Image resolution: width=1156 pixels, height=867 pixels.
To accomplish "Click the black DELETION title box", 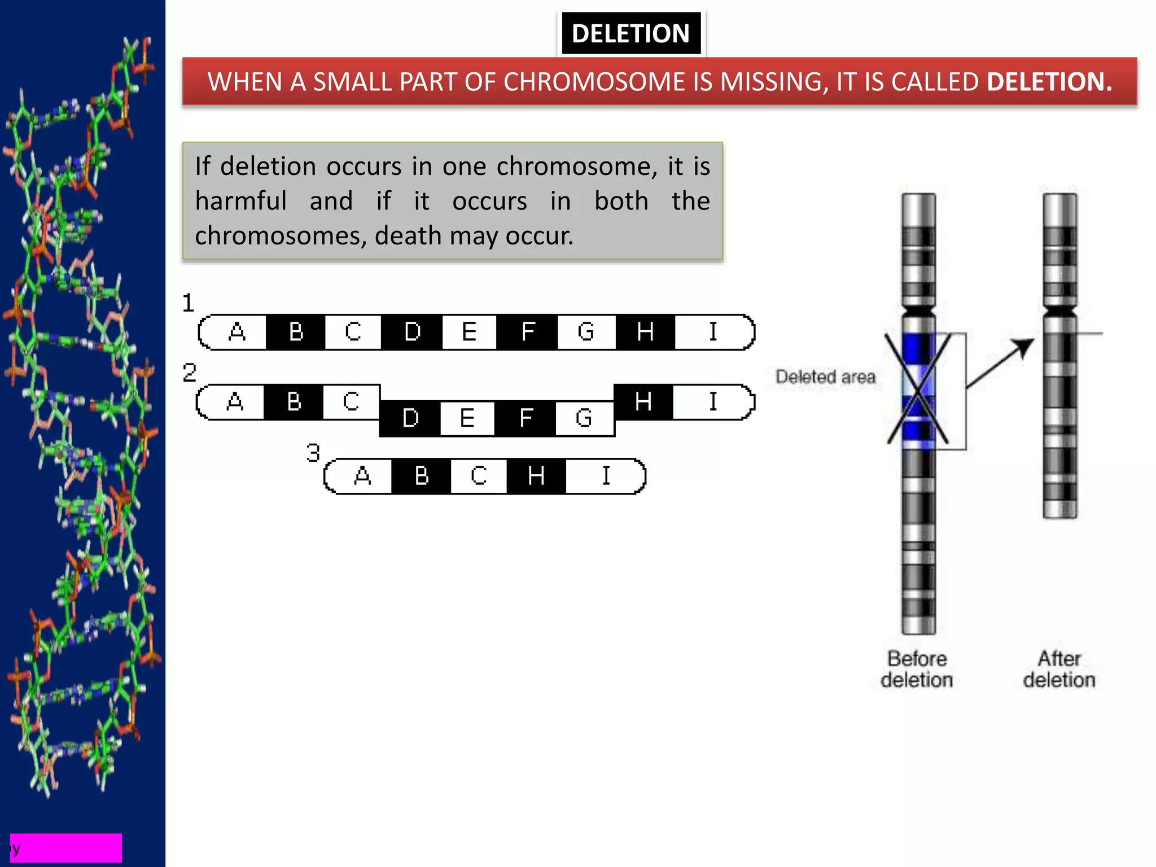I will pos(630,33).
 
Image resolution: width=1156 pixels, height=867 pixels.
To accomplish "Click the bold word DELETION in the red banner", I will pos(1049,82).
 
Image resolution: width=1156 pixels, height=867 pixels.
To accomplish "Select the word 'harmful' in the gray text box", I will pos(241,201).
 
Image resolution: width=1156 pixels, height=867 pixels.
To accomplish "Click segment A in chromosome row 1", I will pos(237,332).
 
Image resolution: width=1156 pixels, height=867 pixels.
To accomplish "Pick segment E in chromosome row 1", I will pos(469,332).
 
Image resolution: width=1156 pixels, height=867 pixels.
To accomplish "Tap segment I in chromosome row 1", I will pos(713,332).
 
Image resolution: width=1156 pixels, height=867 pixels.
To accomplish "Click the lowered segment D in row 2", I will pos(410,418).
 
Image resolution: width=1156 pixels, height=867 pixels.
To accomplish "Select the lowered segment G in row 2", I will pos(584,418).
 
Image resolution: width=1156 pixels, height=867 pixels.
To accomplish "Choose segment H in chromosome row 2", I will pos(643,402).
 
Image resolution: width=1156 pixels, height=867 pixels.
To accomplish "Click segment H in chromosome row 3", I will pos(536,476).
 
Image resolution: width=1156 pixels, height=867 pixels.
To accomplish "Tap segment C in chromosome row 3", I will pos(479,476).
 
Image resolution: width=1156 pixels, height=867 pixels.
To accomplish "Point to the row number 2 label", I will pos(190,373).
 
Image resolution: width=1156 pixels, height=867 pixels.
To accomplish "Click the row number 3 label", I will pos(313,453).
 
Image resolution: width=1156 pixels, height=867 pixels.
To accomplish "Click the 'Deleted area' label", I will pos(825,376).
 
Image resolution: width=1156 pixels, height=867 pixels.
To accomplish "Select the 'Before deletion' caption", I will pos(917,669).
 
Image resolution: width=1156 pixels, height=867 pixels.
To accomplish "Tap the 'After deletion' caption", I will pos(1059,669).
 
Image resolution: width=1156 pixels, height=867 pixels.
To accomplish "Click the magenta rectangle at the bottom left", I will pos(66,847).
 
